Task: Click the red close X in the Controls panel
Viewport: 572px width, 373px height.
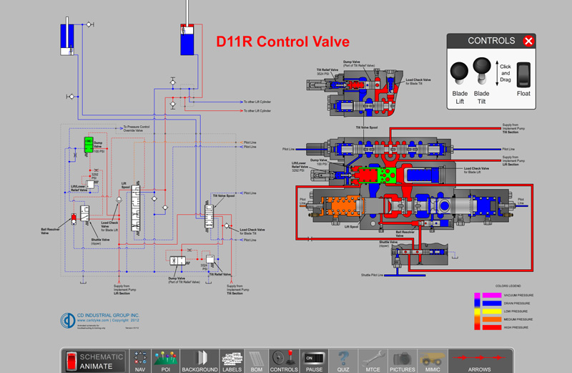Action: click(528, 41)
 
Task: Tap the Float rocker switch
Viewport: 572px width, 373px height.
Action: click(524, 73)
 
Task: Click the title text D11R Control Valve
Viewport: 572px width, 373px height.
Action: click(283, 42)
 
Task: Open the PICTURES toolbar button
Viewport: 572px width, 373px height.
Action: click(403, 361)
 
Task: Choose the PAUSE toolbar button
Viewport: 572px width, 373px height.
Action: click(314, 361)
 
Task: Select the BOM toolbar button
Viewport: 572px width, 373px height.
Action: click(255, 361)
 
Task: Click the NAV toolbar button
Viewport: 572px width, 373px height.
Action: click(141, 361)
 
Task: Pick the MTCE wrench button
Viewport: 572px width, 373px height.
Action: click(371, 361)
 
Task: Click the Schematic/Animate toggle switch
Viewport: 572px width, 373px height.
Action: click(71, 362)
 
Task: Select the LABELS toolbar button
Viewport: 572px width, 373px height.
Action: click(232, 361)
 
